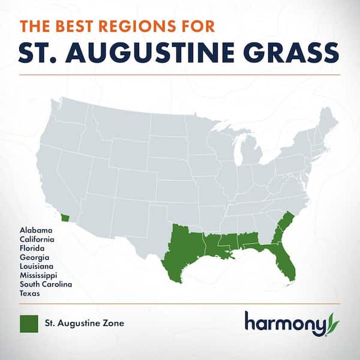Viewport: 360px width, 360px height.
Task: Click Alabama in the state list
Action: point(35,230)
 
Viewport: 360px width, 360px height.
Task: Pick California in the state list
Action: point(38,239)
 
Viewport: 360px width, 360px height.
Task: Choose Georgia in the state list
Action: point(34,257)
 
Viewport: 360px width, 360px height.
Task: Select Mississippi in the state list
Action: point(38,275)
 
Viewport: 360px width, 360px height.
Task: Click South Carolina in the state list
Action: point(45,284)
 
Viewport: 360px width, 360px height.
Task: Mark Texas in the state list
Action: point(30,293)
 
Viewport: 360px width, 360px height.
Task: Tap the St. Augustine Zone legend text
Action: point(85,324)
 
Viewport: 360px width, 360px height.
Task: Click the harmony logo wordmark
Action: point(284,323)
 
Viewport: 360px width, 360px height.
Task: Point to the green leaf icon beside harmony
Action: point(333,324)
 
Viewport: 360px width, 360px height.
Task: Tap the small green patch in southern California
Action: point(67,217)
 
